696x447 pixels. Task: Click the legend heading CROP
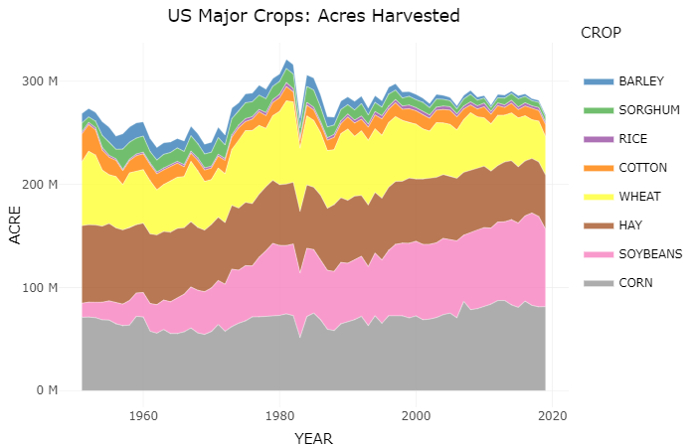[601, 33]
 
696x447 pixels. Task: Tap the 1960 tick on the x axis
[143, 415]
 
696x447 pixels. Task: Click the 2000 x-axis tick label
[417, 415]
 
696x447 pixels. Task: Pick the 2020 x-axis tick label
[553, 415]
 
